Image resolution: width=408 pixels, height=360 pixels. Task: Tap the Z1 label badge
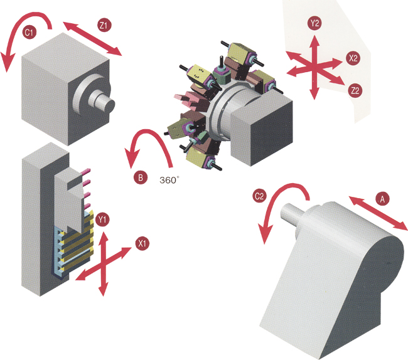click(x=104, y=25)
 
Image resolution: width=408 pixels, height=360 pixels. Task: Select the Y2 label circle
click(x=314, y=23)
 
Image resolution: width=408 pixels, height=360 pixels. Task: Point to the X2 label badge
click(x=353, y=58)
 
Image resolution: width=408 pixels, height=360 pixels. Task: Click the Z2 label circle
click(x=355, y=90)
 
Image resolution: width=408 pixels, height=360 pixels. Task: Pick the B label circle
click(x=141, y=177)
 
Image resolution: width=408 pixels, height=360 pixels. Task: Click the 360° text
click(x=169, y=180)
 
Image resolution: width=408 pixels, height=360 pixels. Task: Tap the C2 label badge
click(x=259, y=196)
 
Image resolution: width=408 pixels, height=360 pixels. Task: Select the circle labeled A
click(x=382, y=199)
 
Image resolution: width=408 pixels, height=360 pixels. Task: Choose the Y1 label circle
click(x=102, y=220)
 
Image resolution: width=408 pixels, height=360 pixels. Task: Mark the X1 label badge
click(x=142, y=243)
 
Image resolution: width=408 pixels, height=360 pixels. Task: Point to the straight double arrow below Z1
click(x=92, y=39)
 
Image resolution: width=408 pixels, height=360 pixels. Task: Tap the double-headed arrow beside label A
click(x=378, y=213)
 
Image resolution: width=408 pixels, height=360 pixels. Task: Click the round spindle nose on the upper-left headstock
click(x=102, y=101)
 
